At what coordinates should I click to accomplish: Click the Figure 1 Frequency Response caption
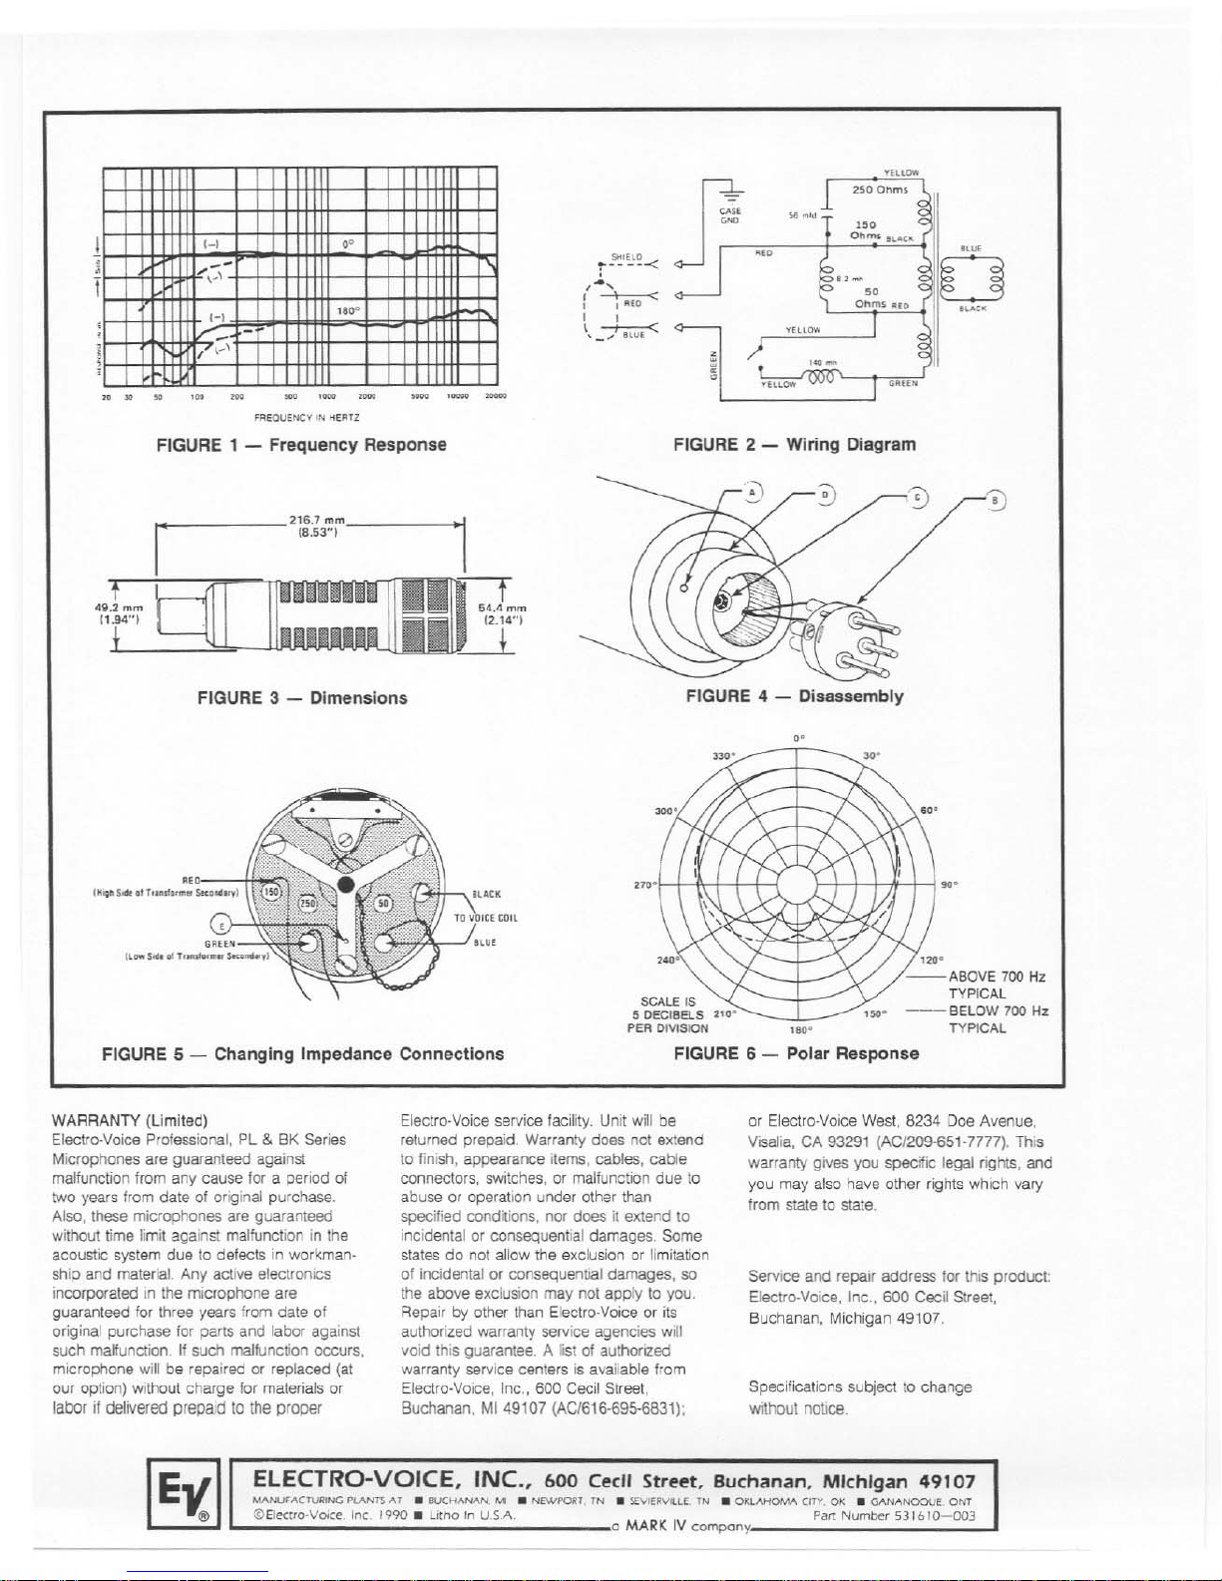coord(301,445)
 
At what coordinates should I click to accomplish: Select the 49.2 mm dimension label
coord(121,612)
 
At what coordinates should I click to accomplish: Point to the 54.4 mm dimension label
coord(503,612)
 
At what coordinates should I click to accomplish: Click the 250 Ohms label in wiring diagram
coord(878,190)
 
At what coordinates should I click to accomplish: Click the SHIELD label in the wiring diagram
coord(626,256)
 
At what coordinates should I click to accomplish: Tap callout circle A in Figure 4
coord(753,492)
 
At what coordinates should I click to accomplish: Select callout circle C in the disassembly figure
coord(918,498)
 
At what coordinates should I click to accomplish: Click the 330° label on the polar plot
coord(723,755)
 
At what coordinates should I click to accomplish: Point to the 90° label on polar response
coord(949,884)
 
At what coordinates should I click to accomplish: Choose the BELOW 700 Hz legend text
coord(998,1011)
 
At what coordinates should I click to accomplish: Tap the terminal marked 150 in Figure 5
coord(270,890)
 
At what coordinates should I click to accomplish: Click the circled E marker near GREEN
coord(225,922)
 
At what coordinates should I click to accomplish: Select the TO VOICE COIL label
coord(485,918)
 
